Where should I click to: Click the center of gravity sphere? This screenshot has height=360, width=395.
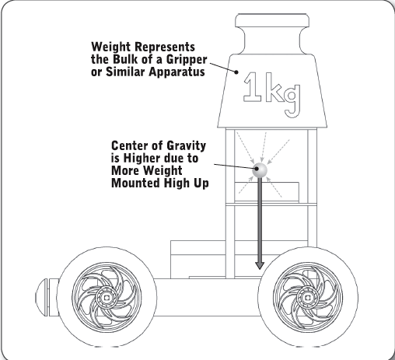[x=260, y=170]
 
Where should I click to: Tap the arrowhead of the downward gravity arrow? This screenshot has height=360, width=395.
[x=260, y=266]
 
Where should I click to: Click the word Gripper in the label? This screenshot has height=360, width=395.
[x=187, y=60]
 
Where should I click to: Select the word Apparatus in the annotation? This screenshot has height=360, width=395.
[x=177, y=72]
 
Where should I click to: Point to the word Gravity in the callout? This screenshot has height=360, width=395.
[x=186, y=146]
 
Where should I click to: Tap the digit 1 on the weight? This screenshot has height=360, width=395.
[x=252, y=87]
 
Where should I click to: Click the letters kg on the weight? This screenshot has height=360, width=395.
[x=283, y=95]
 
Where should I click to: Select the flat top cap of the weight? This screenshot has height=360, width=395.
[x=272, y=20]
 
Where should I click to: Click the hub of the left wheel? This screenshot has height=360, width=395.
[x=107, y=298]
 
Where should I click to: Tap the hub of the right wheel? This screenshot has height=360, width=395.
[x=308, y=298]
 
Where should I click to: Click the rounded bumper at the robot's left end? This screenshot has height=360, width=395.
[x=46, y=297]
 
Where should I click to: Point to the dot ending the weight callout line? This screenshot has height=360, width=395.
[x=236, y=72]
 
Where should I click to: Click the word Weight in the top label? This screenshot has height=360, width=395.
[x=110, y=47]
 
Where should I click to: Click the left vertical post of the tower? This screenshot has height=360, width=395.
[x=230, y=203]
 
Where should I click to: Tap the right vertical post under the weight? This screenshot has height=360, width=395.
[x=312, y=187]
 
